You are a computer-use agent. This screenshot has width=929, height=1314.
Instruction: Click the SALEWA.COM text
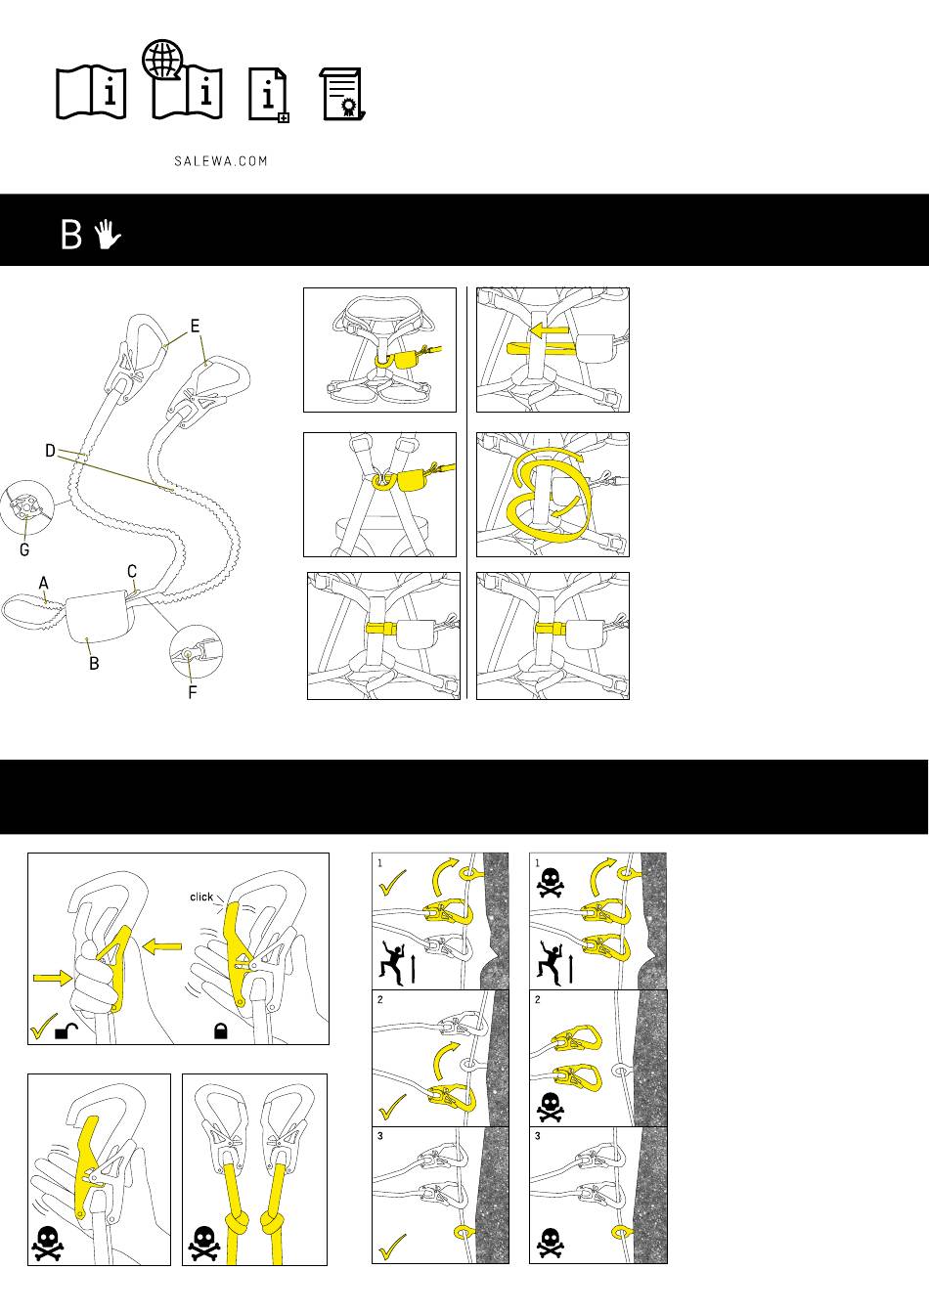(x=221, y=161)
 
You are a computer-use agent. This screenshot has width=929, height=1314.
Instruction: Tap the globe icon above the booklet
(x=162, y=60)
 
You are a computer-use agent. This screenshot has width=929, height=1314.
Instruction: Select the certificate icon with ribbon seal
(x=342, y=95)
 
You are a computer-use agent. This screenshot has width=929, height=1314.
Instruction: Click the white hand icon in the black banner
(x=108, y=234)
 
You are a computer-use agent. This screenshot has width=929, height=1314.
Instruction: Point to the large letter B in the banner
(x=71, y=235)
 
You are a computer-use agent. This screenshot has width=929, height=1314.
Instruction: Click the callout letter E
(x=195, y=327)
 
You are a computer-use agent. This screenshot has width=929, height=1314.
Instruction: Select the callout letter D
(x=51, y=451)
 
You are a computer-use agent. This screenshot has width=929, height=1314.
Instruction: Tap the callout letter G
(x=24, y=549)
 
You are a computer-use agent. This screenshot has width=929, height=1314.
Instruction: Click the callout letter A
(x=43, y=583)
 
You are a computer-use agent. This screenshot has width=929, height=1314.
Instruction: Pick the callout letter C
(x=132, y=571)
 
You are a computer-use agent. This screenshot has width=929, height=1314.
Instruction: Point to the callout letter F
(x=193, y=692)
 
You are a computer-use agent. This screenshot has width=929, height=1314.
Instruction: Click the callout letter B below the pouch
(x=94, y=663)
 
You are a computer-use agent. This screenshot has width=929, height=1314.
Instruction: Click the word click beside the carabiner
(x=201, y=897)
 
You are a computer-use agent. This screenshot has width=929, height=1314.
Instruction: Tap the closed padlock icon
(x=220, y=1030)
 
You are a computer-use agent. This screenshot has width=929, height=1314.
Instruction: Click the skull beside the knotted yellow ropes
(x=203, y=1244)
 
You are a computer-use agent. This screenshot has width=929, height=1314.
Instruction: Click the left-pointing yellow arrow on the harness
(x=550, y=332)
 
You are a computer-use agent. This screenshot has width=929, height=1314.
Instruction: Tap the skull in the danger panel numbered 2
(x=551, y=1107)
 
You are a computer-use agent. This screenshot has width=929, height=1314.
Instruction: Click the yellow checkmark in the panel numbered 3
(x=392, y=1247)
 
